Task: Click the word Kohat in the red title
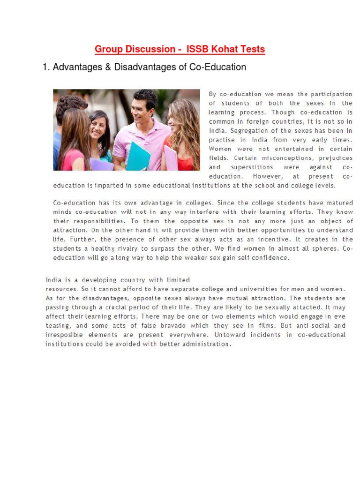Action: [x=221, y=49]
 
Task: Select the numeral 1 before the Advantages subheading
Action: [x=45, y=67]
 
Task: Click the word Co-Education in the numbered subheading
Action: [x=217, y=67]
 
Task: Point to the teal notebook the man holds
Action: [x=138, y=157]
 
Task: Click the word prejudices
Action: [x=335, y=158]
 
